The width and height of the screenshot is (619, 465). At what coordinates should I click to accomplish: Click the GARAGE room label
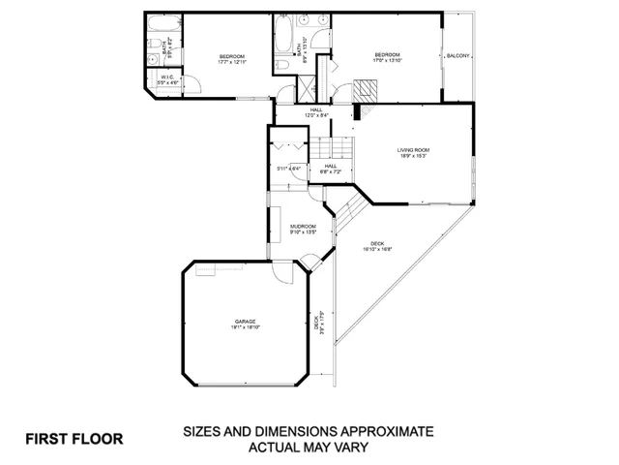pyautogui.click(x=244, y=322)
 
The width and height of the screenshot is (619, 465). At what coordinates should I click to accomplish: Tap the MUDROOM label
pyautogui.click(x=303, y=227)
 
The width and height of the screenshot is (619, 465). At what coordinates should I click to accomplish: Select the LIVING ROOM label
pyautogui.click(x=413, y=150)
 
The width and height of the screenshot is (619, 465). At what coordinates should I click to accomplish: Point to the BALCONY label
pyautogui.click(x=457, y=56)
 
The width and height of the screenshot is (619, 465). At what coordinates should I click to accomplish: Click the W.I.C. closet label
pyautogui.click(x=167, y=77)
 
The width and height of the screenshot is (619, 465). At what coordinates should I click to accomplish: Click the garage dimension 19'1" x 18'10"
pyautogui.click(x=244, y=328)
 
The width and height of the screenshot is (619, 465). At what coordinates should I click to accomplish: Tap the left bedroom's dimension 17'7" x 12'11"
pyautogui.click(x=231, y=62)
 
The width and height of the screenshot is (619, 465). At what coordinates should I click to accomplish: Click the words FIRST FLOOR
pyautogui.click(x=74, y=438)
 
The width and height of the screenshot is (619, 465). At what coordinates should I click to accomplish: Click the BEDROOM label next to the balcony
pyautogui.click(x=388, y=54)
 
